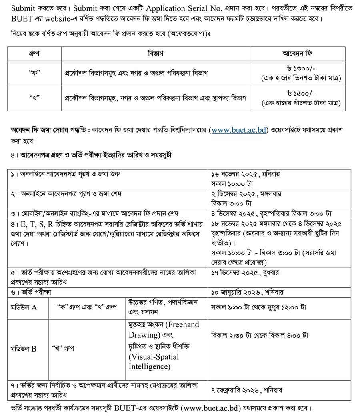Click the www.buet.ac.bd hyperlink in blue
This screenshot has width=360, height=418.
pyautogui.click(x=238, y=130)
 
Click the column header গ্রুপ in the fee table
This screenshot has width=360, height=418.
pyautogui.click(x=34, y=54)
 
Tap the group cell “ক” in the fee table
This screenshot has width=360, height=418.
pyautogui.click(x=34, y=73)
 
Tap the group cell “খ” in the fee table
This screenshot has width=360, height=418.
pyautogui.click(x=34, y=98)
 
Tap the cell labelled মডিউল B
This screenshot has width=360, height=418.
pyautogui.click(x=24, y=348)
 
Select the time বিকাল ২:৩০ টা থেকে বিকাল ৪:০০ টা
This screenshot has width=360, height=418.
pyautogui.click(x=259, y=335)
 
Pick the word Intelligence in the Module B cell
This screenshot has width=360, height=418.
pyautogui.click(x=149, y=366)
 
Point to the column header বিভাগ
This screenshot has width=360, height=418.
pyautogui.click(x=156, y=54)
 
